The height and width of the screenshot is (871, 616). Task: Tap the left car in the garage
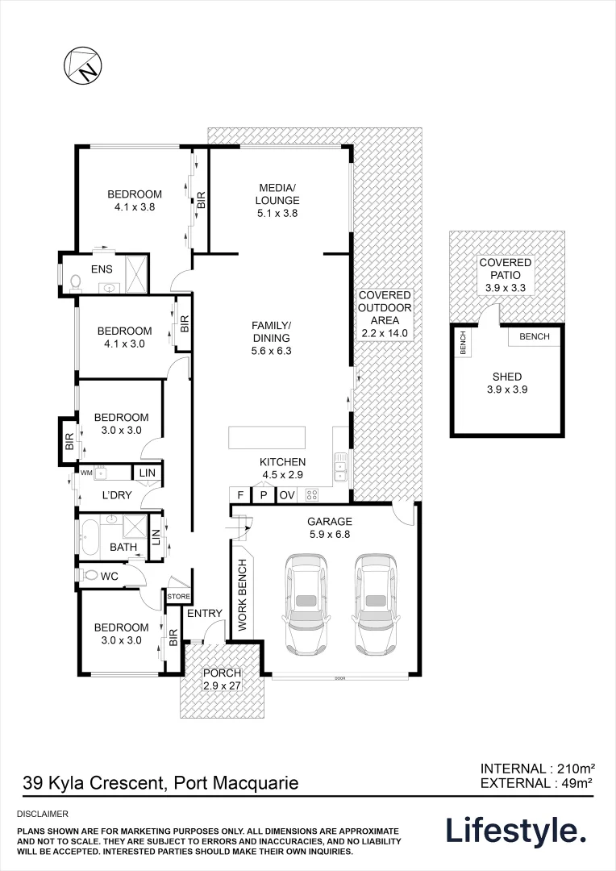coord(307,604)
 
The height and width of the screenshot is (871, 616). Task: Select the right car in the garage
coord(375,604)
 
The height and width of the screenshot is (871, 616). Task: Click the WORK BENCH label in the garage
coord(242,594)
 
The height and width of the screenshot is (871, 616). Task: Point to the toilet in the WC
coord(90,576)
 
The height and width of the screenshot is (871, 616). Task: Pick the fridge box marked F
coord(239,495)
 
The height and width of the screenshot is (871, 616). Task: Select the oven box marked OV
coord(287,495)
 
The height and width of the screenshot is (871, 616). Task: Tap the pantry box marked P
coord(263,495)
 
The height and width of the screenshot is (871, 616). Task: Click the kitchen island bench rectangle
coord(268,438)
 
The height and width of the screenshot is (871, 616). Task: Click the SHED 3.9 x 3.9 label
coord(506,383)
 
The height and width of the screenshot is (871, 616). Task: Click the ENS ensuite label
coord(102,269)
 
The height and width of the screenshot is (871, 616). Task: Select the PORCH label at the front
coord(222,679)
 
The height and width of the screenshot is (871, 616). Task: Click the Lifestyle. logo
coord(515,831)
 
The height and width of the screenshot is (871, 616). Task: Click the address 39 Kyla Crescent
coord(160,782)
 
